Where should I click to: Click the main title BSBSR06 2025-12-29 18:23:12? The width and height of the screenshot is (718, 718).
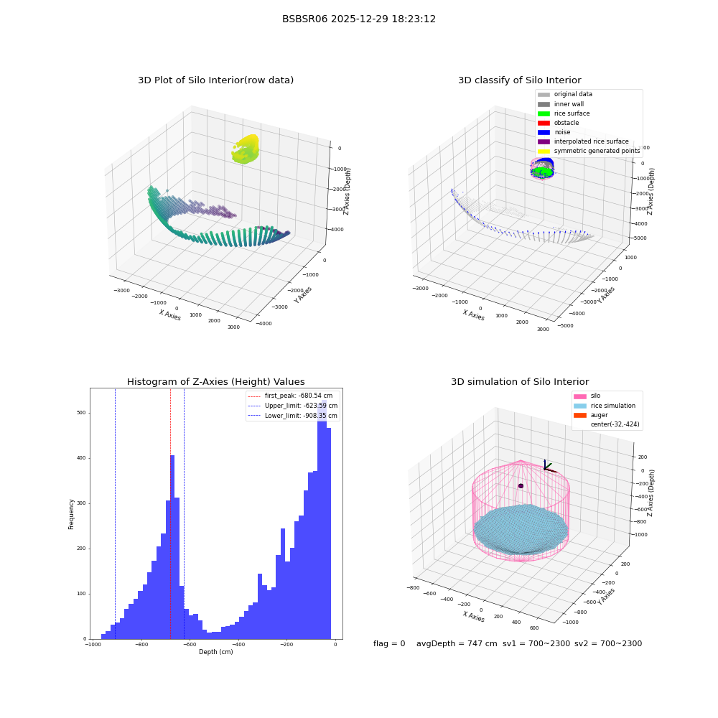(358, 19)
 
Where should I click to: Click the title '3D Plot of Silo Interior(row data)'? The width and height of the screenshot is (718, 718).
(215, 80)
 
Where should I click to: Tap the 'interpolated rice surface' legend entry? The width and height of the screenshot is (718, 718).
(583, 141)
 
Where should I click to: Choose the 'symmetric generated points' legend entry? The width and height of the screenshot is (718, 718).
(589, 151)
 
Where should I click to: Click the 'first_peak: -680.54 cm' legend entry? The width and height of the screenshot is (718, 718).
(290, 396)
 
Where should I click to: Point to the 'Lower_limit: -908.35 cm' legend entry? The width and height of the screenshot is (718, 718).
(292, 416)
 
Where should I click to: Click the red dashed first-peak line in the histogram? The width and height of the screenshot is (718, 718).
(170, 513)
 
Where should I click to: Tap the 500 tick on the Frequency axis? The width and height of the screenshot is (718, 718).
(81, 413)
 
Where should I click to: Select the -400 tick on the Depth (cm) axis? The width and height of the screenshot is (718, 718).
(238, 644)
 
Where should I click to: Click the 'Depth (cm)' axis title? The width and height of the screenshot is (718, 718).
(215, 652)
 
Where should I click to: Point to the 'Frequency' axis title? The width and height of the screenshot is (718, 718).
(71, 514)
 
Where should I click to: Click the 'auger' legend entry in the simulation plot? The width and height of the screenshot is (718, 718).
(591, 415)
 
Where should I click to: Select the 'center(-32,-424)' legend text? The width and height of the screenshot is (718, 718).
(615, 424)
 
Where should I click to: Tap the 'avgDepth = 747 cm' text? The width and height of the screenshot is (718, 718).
(457, 643)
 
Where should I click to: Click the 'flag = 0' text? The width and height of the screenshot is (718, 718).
(389, 643)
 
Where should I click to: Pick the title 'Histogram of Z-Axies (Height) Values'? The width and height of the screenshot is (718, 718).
(215, 382)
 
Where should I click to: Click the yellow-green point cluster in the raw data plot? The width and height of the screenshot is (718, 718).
(246, 149)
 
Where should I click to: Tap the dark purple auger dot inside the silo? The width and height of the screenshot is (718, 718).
(521, 486)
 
